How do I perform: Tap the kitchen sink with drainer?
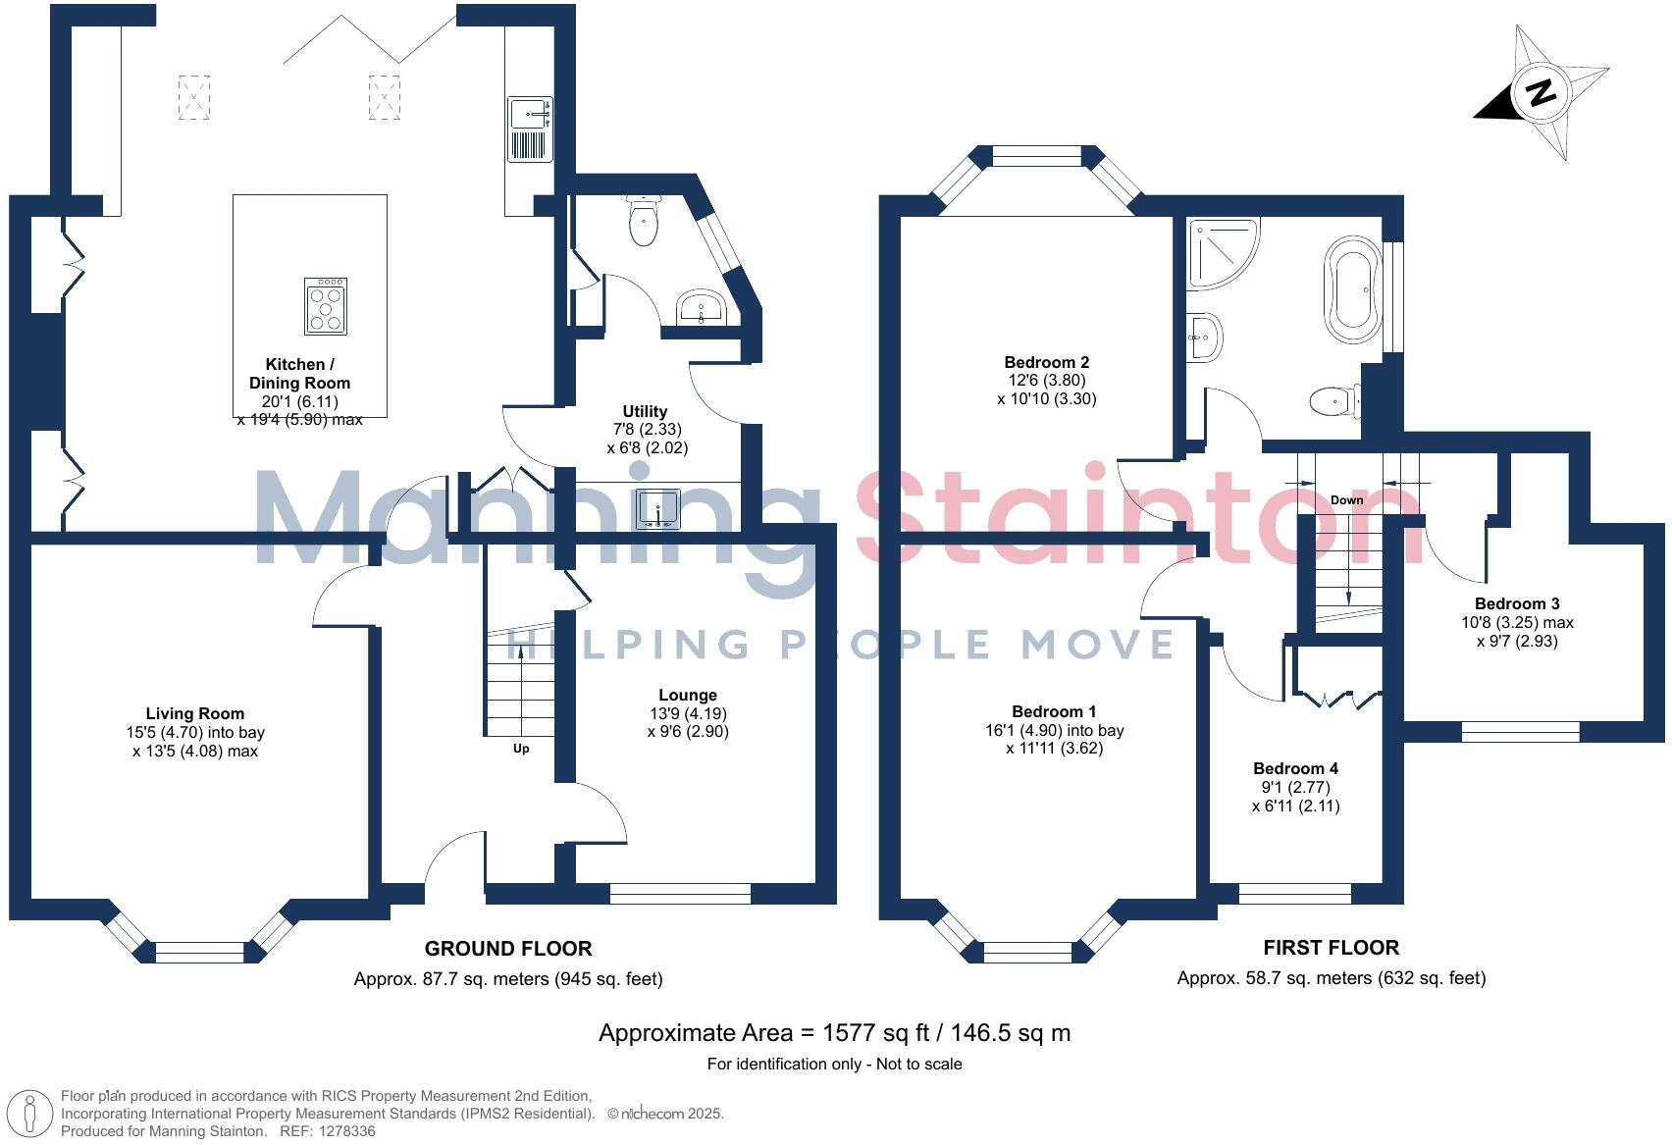pos(530,128)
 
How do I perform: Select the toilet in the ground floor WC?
pos(644,221)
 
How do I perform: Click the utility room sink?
pos(658,507)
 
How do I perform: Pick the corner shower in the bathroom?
pos(1220,251)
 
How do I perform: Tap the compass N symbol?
pos(1541,93)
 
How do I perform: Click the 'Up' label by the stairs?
pos(521,749)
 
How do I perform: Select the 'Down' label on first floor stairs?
pos(1346,500)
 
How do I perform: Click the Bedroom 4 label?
pos(1295,768)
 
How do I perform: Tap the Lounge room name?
pos(688,695)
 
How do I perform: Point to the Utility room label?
pos(645,411)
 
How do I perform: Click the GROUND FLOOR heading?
pos(507,949)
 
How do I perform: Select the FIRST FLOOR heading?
pos(1331,948)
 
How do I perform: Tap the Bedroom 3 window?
pos(1520,731)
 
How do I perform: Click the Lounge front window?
pos(680,893)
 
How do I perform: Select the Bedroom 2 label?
pos(1046,362)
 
